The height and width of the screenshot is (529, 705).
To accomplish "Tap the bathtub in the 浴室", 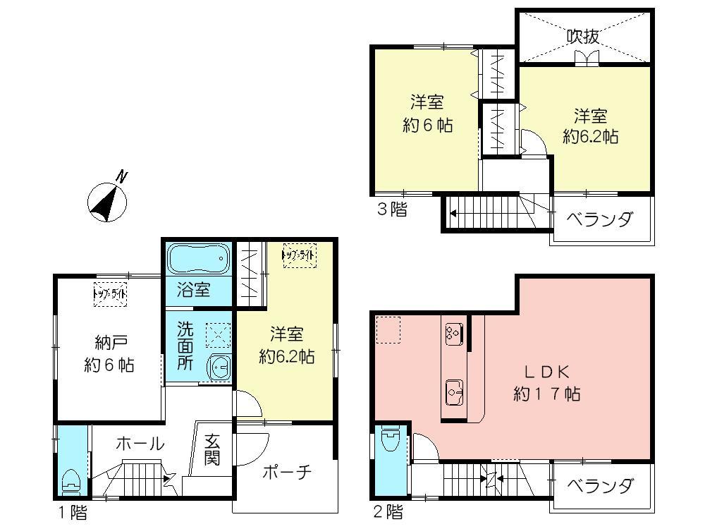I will [199, 259].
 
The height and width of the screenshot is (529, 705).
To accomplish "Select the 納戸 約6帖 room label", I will [109, 354].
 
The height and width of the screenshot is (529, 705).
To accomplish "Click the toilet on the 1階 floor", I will [71, 482].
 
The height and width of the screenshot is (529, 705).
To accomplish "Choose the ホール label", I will [140, 444].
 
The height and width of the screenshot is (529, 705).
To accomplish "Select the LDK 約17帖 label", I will [546, 382].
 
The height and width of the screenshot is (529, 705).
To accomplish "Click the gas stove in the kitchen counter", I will [453, 333].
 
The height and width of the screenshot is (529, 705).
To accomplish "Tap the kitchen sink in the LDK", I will [453, 388].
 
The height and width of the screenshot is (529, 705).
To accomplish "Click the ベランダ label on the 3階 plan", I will [601, 219].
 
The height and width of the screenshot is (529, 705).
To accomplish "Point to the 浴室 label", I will [192, 290].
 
